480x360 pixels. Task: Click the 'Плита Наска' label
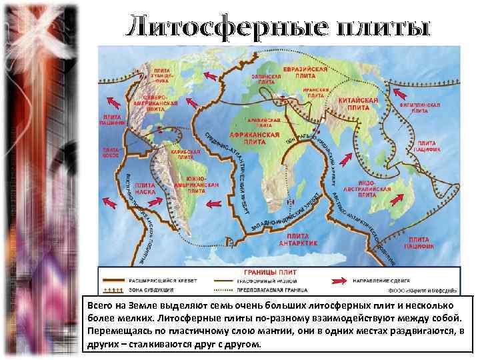pyautogui.click(x=145, y=187)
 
